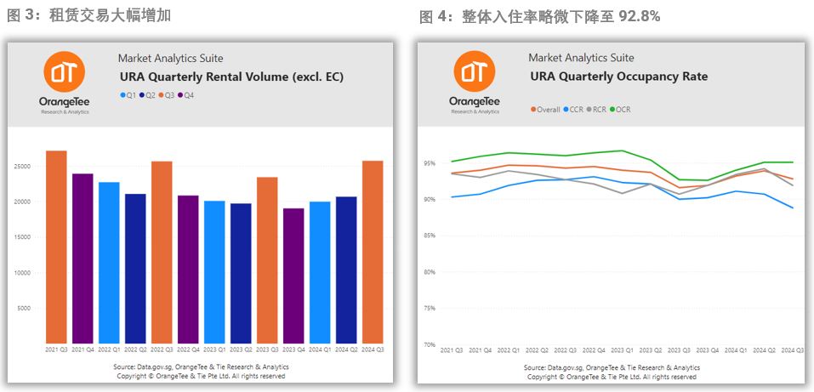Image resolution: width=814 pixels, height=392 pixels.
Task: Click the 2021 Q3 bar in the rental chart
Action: coord(56,247)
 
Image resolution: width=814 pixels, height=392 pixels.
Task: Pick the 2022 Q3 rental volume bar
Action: coord(162,252)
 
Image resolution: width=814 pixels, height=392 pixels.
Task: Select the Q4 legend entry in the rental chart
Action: coord(186,95)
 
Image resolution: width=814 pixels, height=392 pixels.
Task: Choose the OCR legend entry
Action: coord(620,110)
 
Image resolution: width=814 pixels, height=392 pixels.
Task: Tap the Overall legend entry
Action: coord(546,110)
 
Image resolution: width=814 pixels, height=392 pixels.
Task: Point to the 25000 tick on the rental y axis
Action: coord(31,166)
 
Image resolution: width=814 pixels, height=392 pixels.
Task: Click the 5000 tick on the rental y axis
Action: coord(33,308)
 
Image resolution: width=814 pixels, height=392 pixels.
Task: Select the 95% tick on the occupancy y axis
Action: coord(430,162)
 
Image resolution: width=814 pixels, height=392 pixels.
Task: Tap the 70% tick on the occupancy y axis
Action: coord(430,344)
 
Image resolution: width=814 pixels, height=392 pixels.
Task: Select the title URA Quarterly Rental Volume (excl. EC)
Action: coord(231,77)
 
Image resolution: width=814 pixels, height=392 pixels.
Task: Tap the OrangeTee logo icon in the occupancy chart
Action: coord(475,71)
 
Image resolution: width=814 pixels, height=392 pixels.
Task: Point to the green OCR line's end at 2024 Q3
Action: coord(794,162)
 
